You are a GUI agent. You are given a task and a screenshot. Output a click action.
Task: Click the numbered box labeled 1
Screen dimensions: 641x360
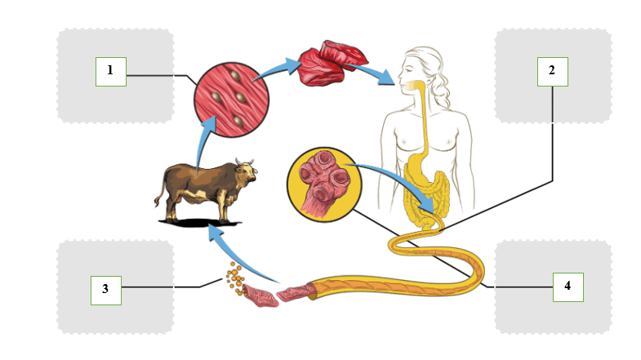(x=111, y=72)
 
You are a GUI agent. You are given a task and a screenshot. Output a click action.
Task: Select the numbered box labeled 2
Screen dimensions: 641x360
(x=552, y=72)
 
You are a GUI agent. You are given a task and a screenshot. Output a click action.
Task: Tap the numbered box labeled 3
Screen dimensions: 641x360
(x=106, y=290)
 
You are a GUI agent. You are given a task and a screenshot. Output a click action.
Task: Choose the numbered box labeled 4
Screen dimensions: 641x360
(x=568, y=287)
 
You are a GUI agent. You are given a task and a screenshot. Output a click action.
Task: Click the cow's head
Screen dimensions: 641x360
(x=247, y=171)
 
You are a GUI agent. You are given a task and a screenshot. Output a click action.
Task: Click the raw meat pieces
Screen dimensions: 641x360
(x=333, y=62)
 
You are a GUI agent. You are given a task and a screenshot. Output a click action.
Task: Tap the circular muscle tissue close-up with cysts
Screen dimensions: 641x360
(x=231, y=100)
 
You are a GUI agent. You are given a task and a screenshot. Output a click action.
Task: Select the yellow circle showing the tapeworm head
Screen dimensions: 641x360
(x=325, y=184)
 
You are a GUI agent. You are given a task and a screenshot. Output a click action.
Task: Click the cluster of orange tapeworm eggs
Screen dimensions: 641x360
(x=234, y=278)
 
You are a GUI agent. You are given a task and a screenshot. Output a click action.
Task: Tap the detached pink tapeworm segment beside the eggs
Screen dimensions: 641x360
(x=260, y=296)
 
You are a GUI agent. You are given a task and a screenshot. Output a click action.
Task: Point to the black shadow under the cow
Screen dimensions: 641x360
(x=200, y=223)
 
